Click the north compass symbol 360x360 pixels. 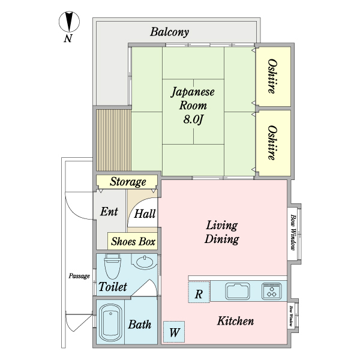tap(70, 23)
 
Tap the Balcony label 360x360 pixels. tap(170, 32)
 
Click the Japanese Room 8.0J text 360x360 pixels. tap(193, 106)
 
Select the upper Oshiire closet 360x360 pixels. tap(273, 76)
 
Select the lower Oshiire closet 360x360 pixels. tap(273, 143)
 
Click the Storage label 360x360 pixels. tap(128, 182)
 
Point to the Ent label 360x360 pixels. tap(109, 212)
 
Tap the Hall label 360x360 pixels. tap(145, 214)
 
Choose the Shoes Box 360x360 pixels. tap(133, 242)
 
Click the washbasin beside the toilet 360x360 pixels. tap(144, 262)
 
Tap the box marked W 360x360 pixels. tap(175, 332)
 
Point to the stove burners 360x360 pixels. tap(272, 292)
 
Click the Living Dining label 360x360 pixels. tap(221, 232)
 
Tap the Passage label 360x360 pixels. tap(79, 276)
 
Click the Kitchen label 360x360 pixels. tap(235, 322)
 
